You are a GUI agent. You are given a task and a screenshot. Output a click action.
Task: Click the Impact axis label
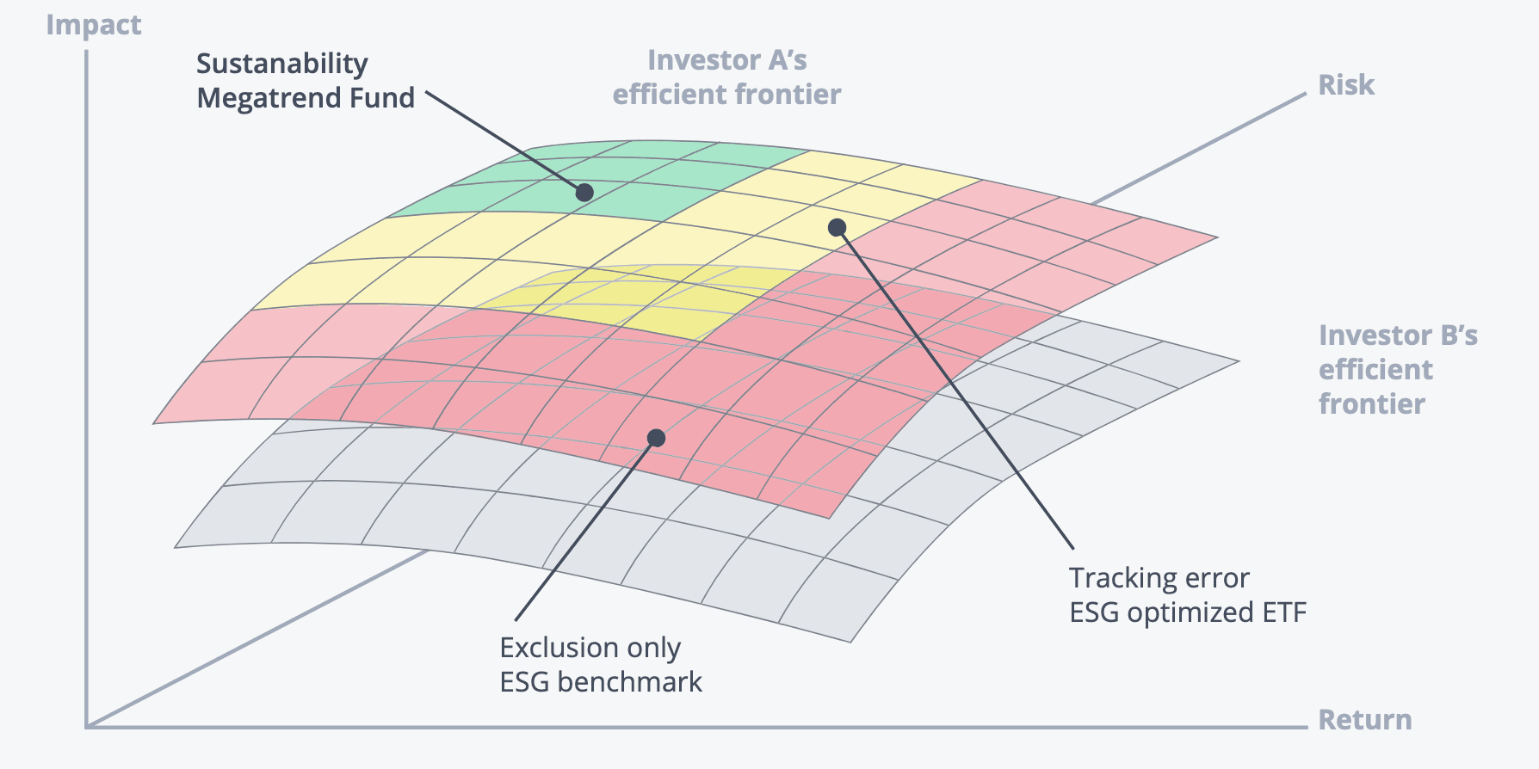coord(93,26)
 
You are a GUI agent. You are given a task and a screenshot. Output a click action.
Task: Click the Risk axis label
coord(1346,85)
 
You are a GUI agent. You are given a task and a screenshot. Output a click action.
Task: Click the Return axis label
coord(1365,719)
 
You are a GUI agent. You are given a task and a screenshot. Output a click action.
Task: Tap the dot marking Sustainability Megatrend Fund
coord(584,192)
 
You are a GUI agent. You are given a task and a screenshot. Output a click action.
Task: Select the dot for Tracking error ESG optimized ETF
coord(837,227)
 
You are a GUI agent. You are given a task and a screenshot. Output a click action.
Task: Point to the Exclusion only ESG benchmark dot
coord(656,438)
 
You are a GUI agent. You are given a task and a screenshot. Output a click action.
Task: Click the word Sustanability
coord(282,65)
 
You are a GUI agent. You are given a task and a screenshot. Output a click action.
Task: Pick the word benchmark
coord(629,682)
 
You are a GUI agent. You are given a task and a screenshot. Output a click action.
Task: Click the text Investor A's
coord(727,60)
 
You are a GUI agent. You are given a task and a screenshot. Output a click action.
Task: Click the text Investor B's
coord(1398,335)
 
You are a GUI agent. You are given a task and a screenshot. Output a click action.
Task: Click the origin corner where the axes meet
coord(87,727)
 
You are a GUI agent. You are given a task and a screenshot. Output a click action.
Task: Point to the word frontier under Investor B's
coord(1372,403)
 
